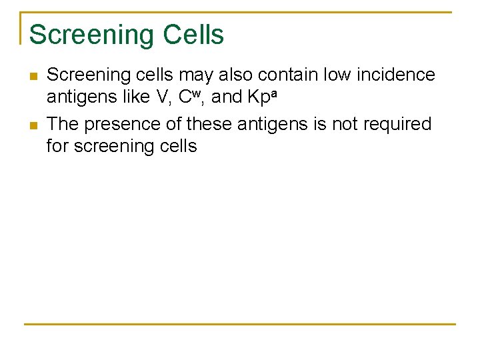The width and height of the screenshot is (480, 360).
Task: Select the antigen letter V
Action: pos(161,97)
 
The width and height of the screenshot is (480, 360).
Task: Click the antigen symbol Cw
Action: pos(189,97)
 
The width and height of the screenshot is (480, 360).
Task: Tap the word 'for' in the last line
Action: pos(57,146)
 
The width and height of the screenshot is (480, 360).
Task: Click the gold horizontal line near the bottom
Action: pos(240,324)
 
